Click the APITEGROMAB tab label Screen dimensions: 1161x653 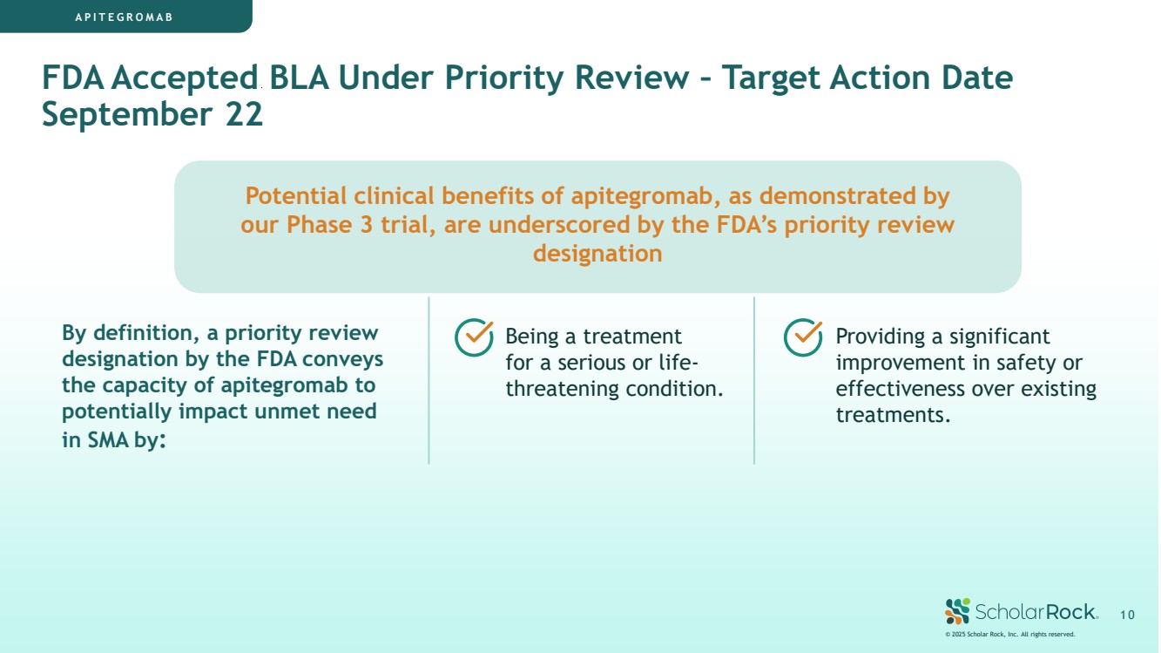tap(124, 17)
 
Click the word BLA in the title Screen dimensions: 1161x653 tap(299, 78)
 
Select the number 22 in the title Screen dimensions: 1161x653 tap(244, 114)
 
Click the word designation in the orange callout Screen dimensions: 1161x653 tap(597, 255)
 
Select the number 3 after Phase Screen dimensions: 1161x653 tap(367, 225)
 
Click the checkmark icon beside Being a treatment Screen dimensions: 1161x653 tap(474, 337)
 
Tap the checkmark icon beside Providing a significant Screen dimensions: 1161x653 tap(803, 337)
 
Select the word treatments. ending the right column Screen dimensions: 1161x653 tap(893, 415)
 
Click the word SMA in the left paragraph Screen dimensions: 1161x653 tap(108, 440)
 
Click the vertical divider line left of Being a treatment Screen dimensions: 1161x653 tap(429, 380)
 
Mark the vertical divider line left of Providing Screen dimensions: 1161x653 tap(754, 380)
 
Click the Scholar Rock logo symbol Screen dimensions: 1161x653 tap(957, 611)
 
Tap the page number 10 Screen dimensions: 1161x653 tap(1127, 616)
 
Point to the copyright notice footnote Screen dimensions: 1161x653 tap(1010, 635)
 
